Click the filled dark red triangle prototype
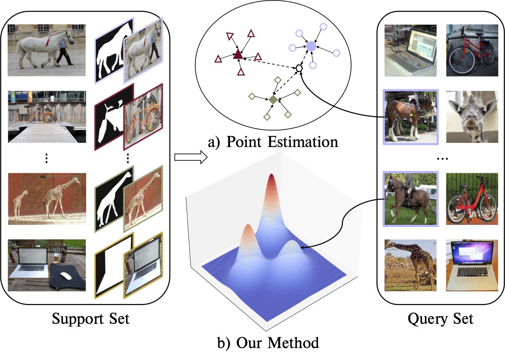click(x=237, y=55)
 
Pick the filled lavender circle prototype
click(x=311, y=46)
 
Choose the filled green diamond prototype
click(x=273, y=99)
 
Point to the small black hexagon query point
click(x=299, y=68)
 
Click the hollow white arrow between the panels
click(x=190, y=158)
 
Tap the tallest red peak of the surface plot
click(x=271, y=179)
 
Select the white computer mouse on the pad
click(x=66, y=276)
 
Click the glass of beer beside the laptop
click(x=56, y=258)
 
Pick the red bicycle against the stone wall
click(x=471, y=50)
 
